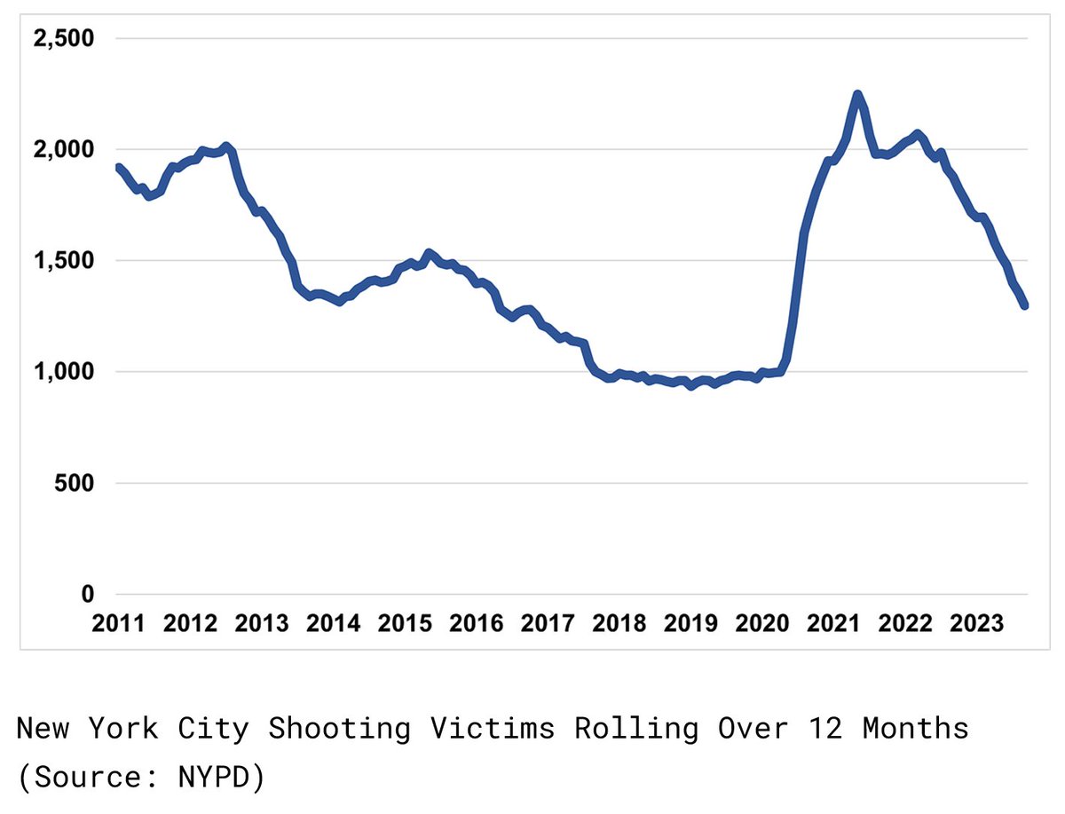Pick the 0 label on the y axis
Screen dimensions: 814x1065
click(x=85, y=594)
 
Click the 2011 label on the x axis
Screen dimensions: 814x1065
click(x=119, y=623)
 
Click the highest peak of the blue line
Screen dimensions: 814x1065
click(x=857, y=94)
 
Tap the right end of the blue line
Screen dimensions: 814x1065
click(x=1025, y=305)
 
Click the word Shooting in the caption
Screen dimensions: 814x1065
click(x=339, y=730)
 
